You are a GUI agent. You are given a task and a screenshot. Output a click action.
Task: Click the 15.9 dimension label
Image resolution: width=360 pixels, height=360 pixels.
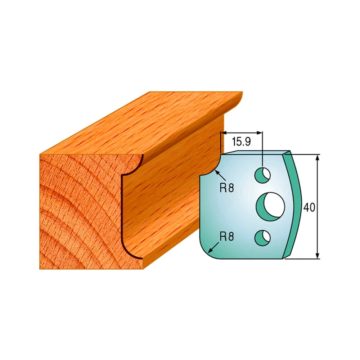[241, 141]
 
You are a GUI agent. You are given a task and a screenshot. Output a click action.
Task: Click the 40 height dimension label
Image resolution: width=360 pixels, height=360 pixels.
[309, 208]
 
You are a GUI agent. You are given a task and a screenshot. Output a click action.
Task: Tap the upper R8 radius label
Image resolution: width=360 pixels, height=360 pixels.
[226, 188]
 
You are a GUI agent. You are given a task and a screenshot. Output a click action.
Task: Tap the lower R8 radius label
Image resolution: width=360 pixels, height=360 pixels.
[226, 236]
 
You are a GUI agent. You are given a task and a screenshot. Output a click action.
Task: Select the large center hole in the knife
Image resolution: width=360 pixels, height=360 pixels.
[270, 207]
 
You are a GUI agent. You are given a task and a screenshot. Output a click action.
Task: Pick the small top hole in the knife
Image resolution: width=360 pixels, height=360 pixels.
[262, 175]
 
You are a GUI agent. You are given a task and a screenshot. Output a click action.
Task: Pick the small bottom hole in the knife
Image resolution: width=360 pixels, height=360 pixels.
[262, 238]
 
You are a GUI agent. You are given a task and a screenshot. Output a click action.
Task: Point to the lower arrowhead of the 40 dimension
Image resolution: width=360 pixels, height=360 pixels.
[318, 256]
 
